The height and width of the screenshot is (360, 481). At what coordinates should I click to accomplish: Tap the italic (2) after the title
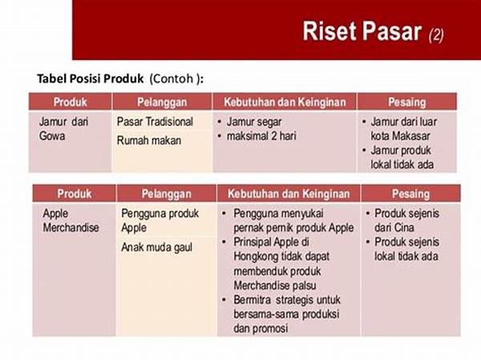pyautogui.click(x=436, y=34)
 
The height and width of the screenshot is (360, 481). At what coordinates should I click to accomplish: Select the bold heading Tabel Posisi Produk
pyautogui.click(x=91, y=79)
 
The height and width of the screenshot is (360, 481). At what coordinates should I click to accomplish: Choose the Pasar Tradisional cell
pyautogui.click(x=155, y=122)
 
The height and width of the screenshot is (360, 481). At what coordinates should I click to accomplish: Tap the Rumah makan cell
pyautogui.click(x=149, y=140)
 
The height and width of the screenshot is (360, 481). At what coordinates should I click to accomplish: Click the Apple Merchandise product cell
pyautogui.click(x=70, y=220)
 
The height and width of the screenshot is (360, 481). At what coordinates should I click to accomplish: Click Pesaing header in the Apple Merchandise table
pyautogui.click(x=410, y=194)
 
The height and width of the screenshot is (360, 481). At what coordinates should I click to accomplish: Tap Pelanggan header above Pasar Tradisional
pyautogui.click(x=161, y=102)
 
